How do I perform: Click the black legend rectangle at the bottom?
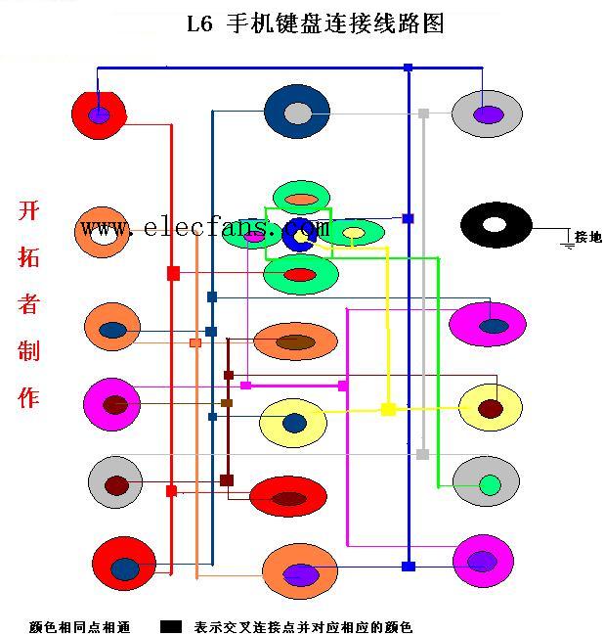point(170,626)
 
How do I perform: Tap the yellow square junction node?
point(388,409)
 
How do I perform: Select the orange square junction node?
point(195,343)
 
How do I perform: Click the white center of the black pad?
point(495,225)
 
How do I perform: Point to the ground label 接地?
point(588,237)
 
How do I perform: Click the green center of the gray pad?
point(490,484)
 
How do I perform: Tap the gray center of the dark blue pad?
point(298,114)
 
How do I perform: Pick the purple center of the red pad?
point(99,115)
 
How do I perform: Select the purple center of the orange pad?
point(300,575)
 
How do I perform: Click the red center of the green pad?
point(300,275)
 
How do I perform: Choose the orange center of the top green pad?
point(301,200)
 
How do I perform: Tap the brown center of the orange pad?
point(296,342)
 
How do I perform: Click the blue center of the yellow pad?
point(294,424)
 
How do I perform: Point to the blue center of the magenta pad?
point(494,326)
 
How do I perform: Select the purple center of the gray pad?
point(488,114)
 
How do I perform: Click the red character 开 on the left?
point(28,210)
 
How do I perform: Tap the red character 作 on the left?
point(28,397)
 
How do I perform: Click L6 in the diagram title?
point(199,24)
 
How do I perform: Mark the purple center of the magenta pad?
point(482,562)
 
